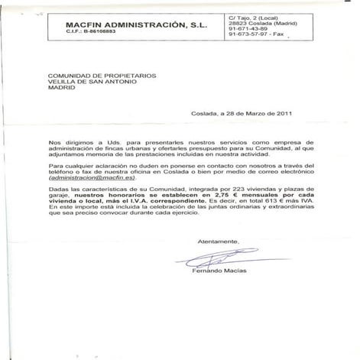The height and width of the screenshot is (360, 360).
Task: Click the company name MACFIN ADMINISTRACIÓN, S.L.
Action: tap(126, 25)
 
